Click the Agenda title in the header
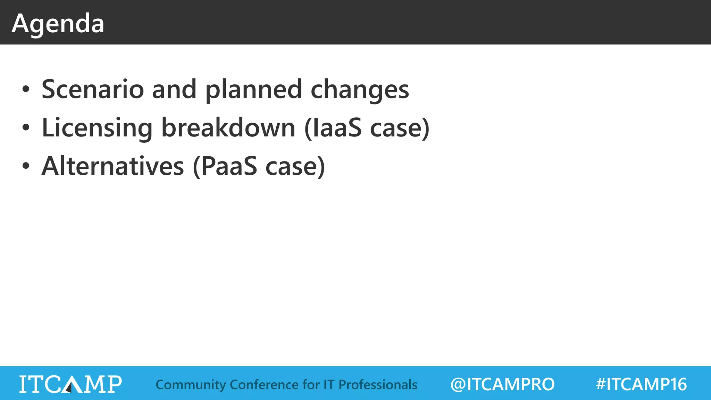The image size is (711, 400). pyautogui.click(x=58, y=24)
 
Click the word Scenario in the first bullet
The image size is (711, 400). pyautogui.click(x=93, y=89)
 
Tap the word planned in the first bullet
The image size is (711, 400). pyautogui.click(x=253, y=89)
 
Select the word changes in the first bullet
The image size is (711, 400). pyautogui.click(x=360, y=89)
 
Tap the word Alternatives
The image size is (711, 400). pyautogui.click(x=113, y=166)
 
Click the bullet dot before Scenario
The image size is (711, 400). pyautogui.click(x=26, y=89)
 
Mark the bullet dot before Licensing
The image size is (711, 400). pyautogui.click(x=26, y=128)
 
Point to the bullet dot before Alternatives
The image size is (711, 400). pyautogui.click(x=26, y=166)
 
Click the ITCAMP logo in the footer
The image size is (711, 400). pyautogui.click(x=70, y=384)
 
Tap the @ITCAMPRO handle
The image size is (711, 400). pyautogui.click(x=502, y=384)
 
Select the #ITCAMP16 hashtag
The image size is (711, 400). pyautogui.click(x=641, y=384)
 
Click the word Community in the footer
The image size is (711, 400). pyautogui.click(x=191, y=385)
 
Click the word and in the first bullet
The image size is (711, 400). pyautogui.click(x=174, y=89)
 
